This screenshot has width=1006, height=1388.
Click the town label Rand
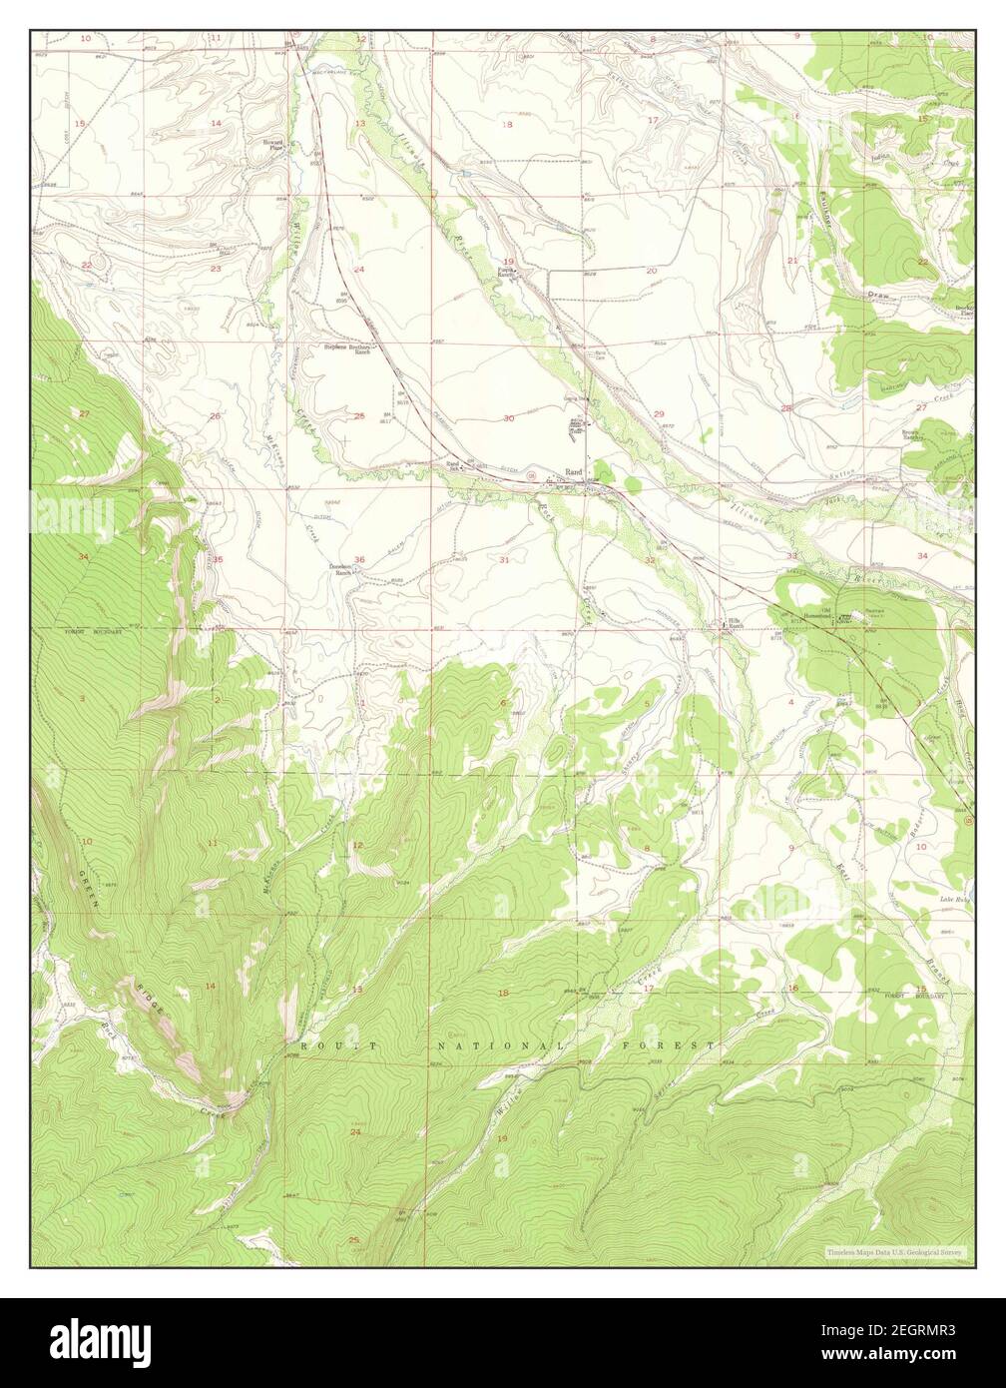pos(573,471)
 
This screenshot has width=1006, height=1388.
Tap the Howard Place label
pos(272,145)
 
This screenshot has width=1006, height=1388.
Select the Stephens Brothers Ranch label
pos(347,348)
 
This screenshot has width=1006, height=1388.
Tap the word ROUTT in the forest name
pos(337,1044)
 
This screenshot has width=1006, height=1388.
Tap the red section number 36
pos(359,559)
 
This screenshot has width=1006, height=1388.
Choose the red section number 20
pos(651,271)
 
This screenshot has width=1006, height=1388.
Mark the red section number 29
pos(659,413)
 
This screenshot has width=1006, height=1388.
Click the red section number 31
pos(505,559)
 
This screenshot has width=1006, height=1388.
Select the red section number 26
pos(215,415)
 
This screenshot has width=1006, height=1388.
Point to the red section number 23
pos(216,269)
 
